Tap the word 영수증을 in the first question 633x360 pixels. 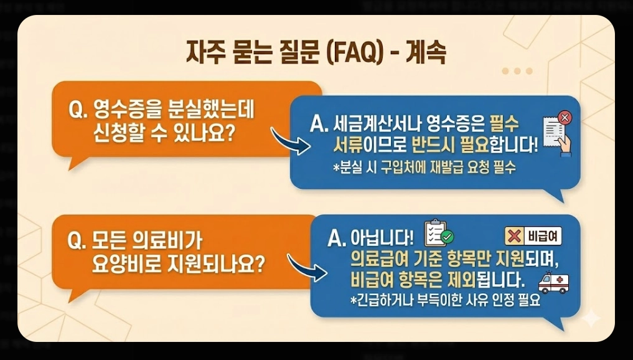pyautogui.click(x=128, y=112)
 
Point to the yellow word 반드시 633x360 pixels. pyautogui.click(x=436, y=146)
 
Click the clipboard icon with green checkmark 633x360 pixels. pyautogui.click(x=438, y=234)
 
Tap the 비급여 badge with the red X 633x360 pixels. pyautogui.click(x=533, y=236)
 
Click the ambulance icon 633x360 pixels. pyautogui.click(x=553, y=283)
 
